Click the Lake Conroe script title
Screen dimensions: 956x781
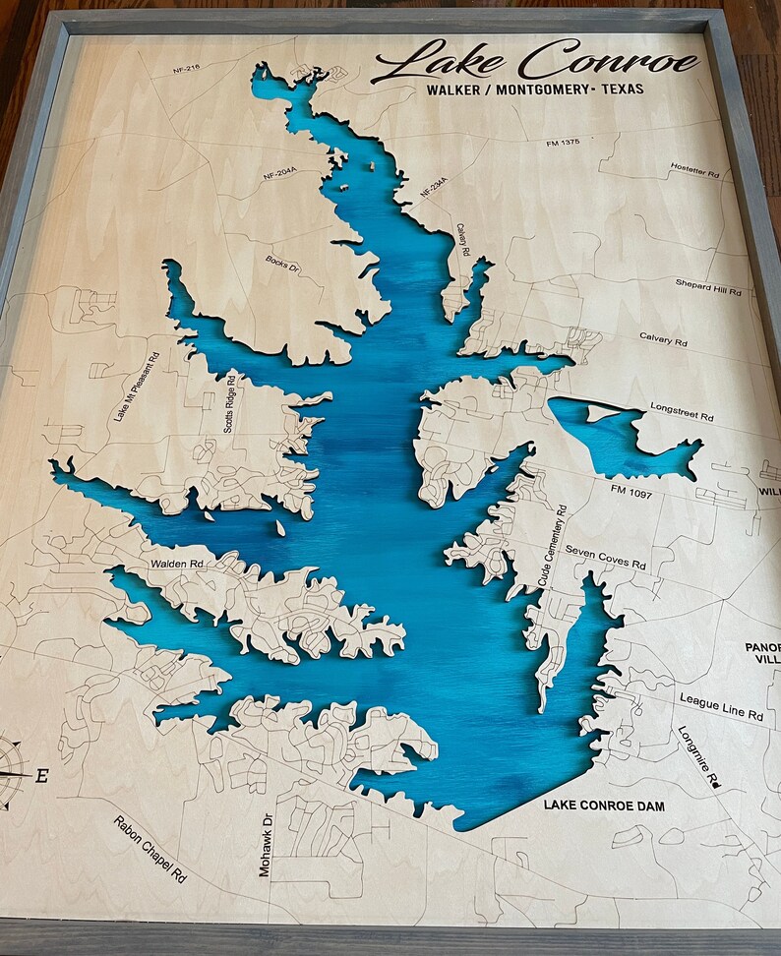536,61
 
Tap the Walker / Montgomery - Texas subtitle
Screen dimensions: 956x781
535,90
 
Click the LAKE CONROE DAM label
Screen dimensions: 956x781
604,807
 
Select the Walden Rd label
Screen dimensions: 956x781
177,564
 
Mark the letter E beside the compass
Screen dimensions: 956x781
41,776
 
